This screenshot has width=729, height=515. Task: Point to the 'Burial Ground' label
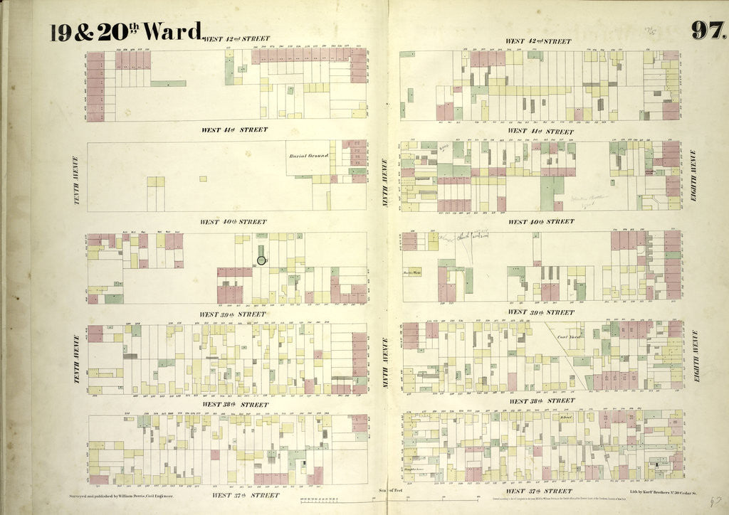[308, 156]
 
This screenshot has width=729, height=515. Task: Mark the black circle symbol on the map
[261, 260]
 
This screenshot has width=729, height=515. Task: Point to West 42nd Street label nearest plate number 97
[538, 41]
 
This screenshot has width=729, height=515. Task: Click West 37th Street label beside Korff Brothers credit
[538, 491]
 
